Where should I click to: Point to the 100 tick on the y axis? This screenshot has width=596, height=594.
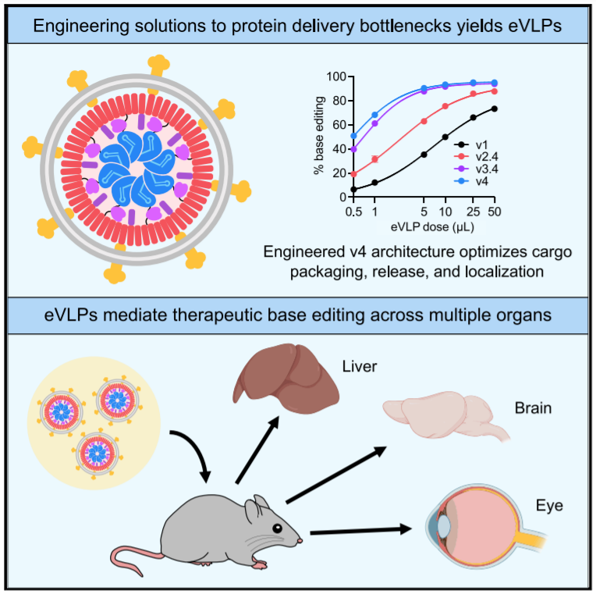[x=335, y=76]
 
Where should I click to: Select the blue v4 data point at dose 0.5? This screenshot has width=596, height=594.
[x=354, y=136]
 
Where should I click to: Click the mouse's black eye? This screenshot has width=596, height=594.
[x=277, y=529]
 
